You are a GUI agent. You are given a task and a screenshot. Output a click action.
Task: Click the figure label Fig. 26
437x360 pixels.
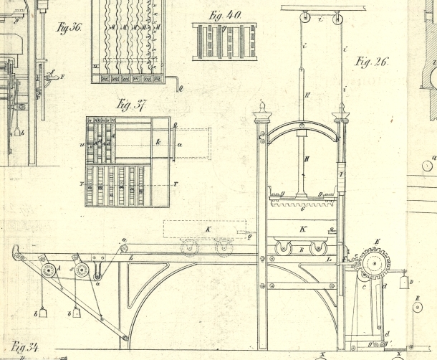point(371,62)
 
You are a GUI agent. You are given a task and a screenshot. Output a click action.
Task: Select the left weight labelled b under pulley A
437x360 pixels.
point(43,313)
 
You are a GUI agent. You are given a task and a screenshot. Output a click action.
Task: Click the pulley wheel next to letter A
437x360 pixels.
point(49,270)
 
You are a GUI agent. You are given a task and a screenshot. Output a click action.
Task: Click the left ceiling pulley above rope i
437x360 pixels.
point(304,18)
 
